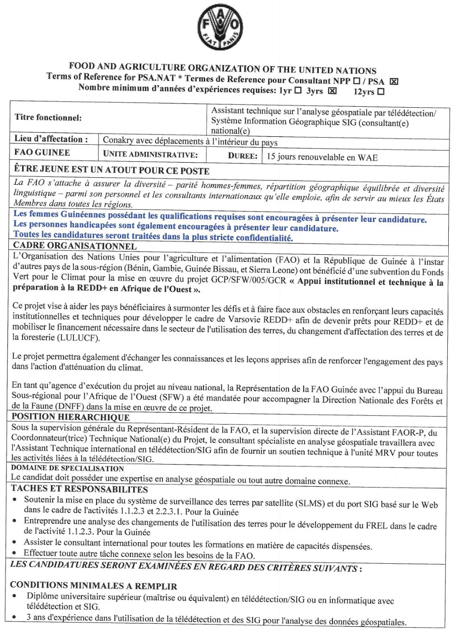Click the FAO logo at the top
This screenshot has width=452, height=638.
220,27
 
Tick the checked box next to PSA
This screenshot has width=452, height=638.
394,81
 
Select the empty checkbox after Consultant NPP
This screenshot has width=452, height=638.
356,81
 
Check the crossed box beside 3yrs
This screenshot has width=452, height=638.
332,91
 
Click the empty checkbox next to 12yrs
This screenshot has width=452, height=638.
381,92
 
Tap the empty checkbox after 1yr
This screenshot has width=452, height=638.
298,90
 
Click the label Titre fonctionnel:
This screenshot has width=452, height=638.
48,118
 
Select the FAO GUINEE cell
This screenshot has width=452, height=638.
42,152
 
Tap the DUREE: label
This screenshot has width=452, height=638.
242,156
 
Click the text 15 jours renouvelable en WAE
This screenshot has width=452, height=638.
322,157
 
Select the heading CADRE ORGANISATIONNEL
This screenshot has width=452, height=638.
75,245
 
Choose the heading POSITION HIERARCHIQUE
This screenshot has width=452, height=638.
71,417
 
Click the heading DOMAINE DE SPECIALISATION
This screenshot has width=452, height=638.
67,468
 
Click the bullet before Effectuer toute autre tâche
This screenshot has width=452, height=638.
15,553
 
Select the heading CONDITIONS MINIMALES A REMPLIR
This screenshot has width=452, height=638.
93,586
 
